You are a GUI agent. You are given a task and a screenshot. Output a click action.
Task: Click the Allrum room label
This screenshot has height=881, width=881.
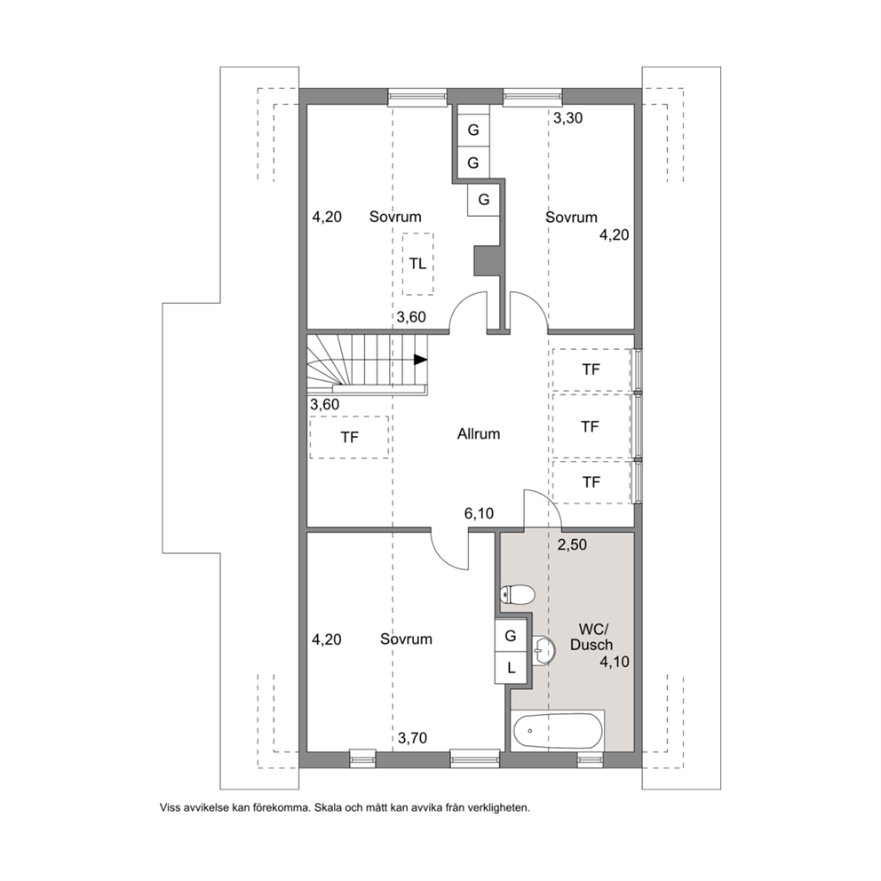pyautogui.click(x=478, y=433)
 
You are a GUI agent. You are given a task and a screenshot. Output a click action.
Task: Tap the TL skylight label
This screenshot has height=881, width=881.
pyautogui.click(x=417, y=264)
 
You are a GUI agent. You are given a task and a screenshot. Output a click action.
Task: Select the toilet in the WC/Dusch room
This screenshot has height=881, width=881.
pyautogui.click(x=516, y=594)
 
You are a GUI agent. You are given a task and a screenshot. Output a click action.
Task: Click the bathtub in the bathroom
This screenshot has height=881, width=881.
pyautogui.click(x=558, y=730)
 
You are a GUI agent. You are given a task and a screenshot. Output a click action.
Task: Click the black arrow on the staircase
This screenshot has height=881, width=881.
pyautogui.click(x=420, y=360)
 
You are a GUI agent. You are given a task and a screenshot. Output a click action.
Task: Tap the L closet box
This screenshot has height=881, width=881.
pyautogui.click(x=511, y=668)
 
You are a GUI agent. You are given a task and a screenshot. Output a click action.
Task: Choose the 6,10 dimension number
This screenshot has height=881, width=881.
pyautogui.click(x=479, y=513)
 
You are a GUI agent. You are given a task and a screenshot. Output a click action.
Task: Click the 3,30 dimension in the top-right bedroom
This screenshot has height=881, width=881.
pyautogui.click(x=567, y=118)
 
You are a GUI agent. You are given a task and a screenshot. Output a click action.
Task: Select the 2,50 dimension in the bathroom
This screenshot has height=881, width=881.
pyautogui.click(x=572, y=544)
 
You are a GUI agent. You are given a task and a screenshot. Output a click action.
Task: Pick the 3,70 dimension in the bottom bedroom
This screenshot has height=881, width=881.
pyautogui.click(x=412, y=738)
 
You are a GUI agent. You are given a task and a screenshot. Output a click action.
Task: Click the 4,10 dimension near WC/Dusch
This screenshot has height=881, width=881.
pyautogui.click(x=614, y=662)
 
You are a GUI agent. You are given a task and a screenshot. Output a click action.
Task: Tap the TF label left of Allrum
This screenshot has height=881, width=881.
pyautogui.click(x=349, y=437)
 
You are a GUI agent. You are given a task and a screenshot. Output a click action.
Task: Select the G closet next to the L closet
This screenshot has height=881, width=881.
pyautogui.click(x=511, y=636)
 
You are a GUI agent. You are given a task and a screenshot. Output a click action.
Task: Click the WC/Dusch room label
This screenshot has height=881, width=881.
pyautogui.click(x=591, y=637)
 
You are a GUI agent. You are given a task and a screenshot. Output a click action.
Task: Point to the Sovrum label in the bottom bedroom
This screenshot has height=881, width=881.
pyautogui.click(x=406, y=639)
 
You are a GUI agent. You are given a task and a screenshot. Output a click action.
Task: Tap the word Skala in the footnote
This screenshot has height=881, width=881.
pyautogui.click(x=327, y=808)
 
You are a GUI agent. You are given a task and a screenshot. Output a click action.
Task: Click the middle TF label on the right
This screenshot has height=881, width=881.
pyautogui.click(x=590, y=427)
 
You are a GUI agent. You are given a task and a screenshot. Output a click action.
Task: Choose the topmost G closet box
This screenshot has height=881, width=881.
pyautogui.click(x=473, y=130)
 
